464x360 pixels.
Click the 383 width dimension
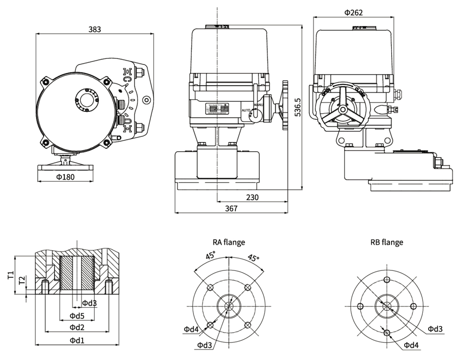click(95, 29)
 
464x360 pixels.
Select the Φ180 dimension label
click(65, 177)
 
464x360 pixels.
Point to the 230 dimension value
click(252, 197)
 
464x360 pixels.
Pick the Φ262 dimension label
click(353, 13)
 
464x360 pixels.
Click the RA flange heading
click(229, 242)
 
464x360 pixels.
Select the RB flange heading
click(387, 242)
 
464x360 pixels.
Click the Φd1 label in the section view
click(77, 340)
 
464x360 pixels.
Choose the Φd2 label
click(77, 328)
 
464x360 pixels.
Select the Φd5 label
click(77, 316)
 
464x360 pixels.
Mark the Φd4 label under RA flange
click(191, 329)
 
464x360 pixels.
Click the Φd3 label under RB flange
click(435, 329)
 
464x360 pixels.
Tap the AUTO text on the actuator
click(246, 110)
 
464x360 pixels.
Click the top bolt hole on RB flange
click(387, 280)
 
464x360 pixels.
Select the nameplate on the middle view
click(218, 109)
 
